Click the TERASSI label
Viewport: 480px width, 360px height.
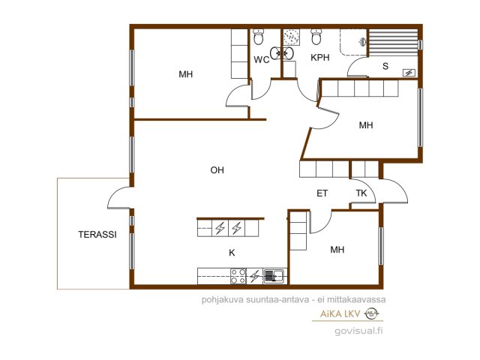[97, 235]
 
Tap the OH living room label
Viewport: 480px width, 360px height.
[217, 170]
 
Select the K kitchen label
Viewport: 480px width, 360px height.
[232, 253]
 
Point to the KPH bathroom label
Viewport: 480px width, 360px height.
[320, 58]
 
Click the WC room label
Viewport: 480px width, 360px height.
[261, 60]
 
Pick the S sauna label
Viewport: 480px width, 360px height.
[385, 66]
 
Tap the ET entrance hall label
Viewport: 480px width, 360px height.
[322, 193]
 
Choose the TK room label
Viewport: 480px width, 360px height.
[361, 193]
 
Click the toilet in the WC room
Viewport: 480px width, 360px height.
[259, 37]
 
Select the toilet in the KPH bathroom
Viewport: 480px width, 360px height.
[316, 37]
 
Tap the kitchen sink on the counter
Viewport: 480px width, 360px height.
[274, 276]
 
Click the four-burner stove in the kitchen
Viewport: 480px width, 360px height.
[238, 276]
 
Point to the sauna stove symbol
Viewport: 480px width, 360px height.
[409, 73]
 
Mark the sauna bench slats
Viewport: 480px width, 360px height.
[393, 43]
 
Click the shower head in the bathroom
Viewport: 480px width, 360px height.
[361, 42]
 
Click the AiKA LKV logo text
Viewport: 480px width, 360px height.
[340, 313]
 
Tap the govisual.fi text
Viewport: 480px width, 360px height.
[358, 331]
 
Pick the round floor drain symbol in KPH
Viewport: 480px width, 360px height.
[290, 37]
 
